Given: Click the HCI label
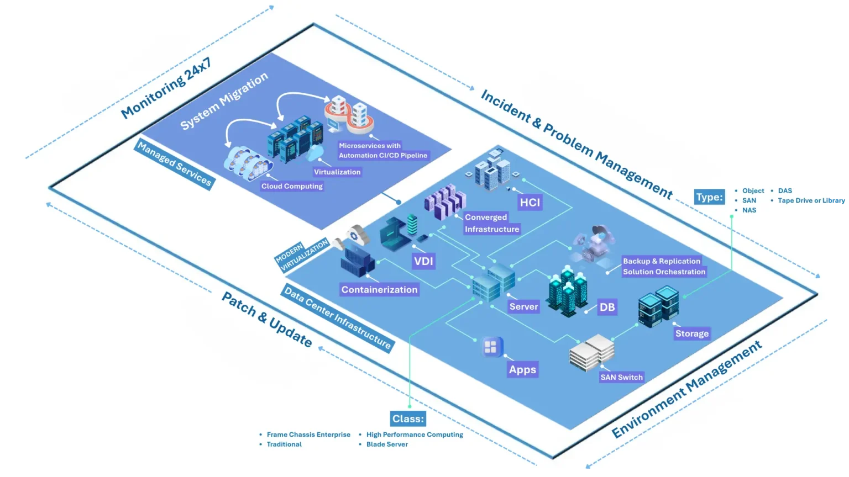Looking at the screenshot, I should tap(530, 202).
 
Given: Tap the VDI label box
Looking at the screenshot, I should tap(423, 261).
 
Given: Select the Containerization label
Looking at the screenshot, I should tap(379, 289).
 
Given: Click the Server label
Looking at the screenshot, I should tap(523, 306).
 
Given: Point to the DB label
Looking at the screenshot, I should tap(607, 307).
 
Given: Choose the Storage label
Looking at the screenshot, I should tap(691, 333).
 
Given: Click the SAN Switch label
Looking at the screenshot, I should tap(621, 377).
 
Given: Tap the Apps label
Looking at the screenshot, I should tap(522, 369).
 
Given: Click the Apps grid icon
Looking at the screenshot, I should tap(491, 347).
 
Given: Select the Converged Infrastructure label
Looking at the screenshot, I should tap(491, 223).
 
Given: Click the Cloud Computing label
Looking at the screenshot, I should tap(292, 186).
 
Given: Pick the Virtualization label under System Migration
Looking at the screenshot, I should tap(337, 172).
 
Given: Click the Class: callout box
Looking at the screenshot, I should tap(408, 419).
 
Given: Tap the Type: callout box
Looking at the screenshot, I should tap(709, 197).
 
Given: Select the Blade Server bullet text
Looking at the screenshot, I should tap(387, 444).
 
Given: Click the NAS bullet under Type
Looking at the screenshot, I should tap(749, 210).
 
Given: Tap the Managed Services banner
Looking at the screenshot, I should tap(174, 164).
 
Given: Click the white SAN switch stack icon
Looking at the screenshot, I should tap(592, 352).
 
